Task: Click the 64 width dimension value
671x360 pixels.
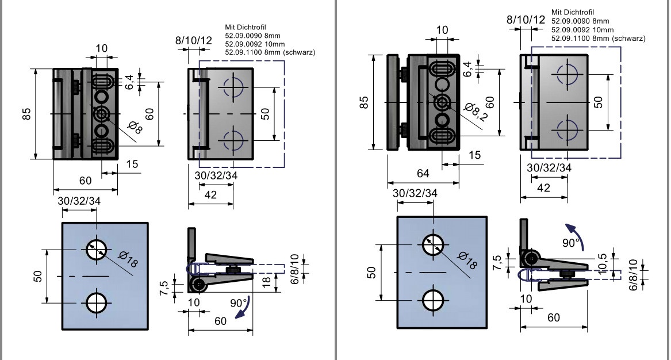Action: pyautogui.click(x=423, y=174)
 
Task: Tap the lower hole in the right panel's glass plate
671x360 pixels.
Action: pyautogui.click(x=432, y=300)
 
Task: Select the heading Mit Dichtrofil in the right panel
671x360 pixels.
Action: pyautogui.click(x=573, y=12)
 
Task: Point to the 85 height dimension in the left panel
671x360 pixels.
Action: pyautogui.click(x=27, y=114)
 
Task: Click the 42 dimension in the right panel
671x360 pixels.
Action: pyautogui.click(x=543, y=188)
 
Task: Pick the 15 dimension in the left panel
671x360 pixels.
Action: pyautogui.click(x=132, y=164)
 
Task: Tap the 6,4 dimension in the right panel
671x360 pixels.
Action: pyautogui.click(x=467, y=68)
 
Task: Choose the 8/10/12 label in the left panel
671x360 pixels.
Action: pyautogui.click(x=194, y=40)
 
